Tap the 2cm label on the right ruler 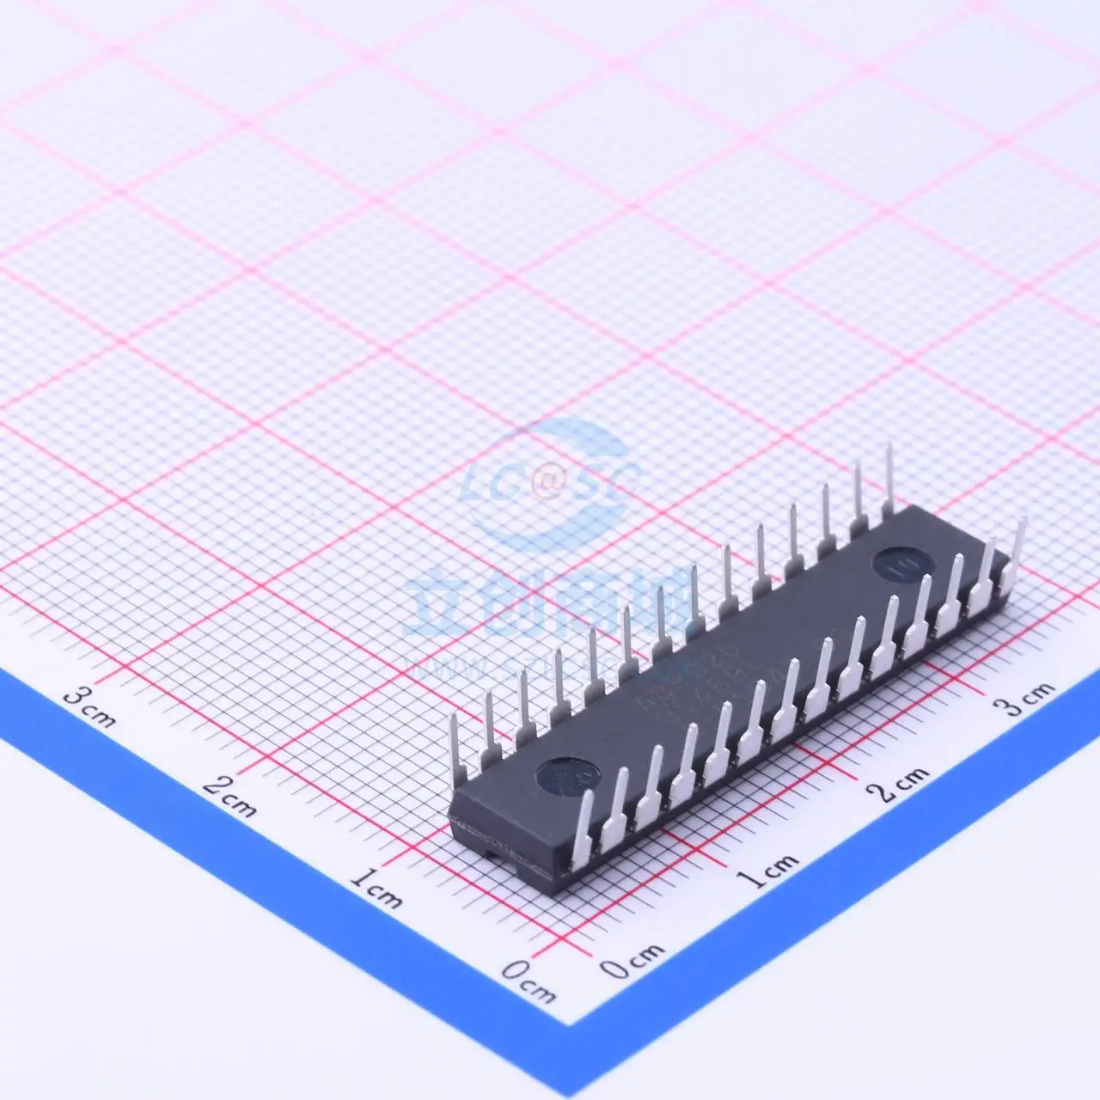tap(901, 782)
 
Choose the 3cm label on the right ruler tap(1023, 698)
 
